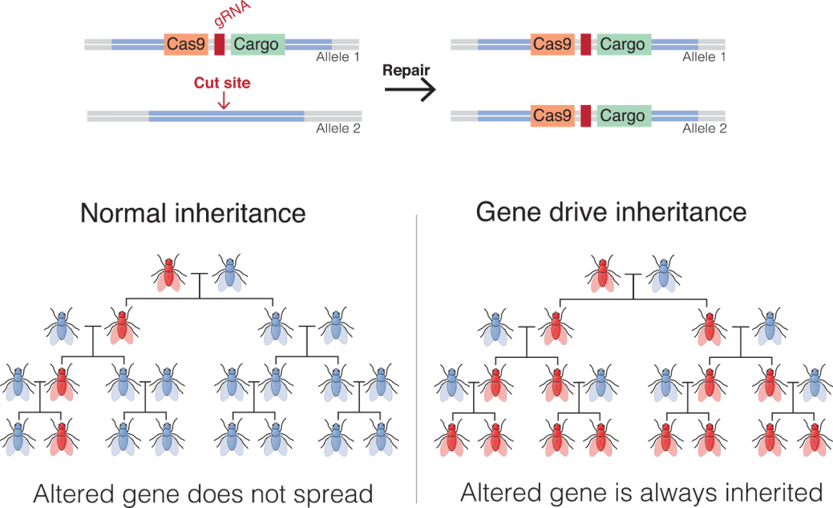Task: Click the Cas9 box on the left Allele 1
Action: click(187, 44)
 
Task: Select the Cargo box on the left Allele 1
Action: click(257, 44)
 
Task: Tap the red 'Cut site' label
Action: click(222, 83)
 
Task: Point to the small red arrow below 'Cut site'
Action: click(223, 101)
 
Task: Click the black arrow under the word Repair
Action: click(410, 89)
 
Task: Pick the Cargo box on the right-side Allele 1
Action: click(622, 44)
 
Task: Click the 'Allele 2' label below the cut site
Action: click(338, 128)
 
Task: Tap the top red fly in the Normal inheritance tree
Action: click(168, 274)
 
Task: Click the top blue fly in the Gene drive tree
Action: click(664, 274)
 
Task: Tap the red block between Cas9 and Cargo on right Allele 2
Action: click(586, 116)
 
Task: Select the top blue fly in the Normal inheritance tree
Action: click(230, 274)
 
